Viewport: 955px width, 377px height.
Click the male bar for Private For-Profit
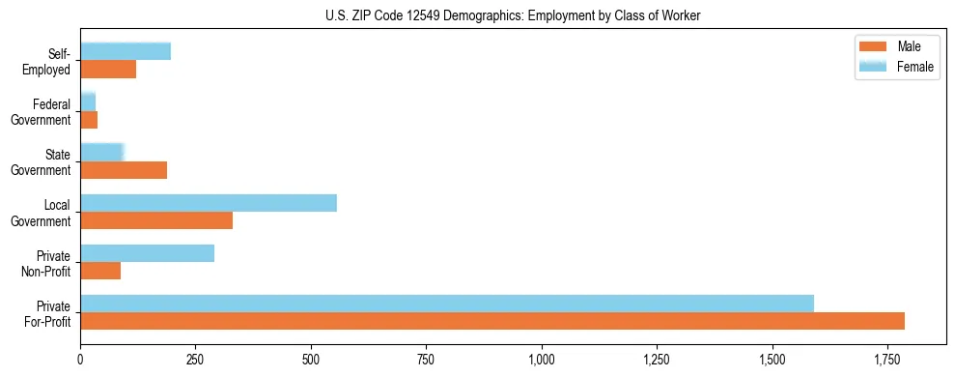tap(492, 321)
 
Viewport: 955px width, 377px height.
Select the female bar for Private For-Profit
tap(447, 303)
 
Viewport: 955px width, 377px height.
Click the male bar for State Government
tap(124, 170)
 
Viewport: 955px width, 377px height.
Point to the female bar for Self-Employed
tap(126, 51)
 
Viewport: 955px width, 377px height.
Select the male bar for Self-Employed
tap(108, 70)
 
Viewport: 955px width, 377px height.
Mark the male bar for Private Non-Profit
tap(100, 271)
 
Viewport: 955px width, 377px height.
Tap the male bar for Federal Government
tap(89, 120)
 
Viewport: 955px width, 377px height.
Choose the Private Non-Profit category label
tap(46, 263)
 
